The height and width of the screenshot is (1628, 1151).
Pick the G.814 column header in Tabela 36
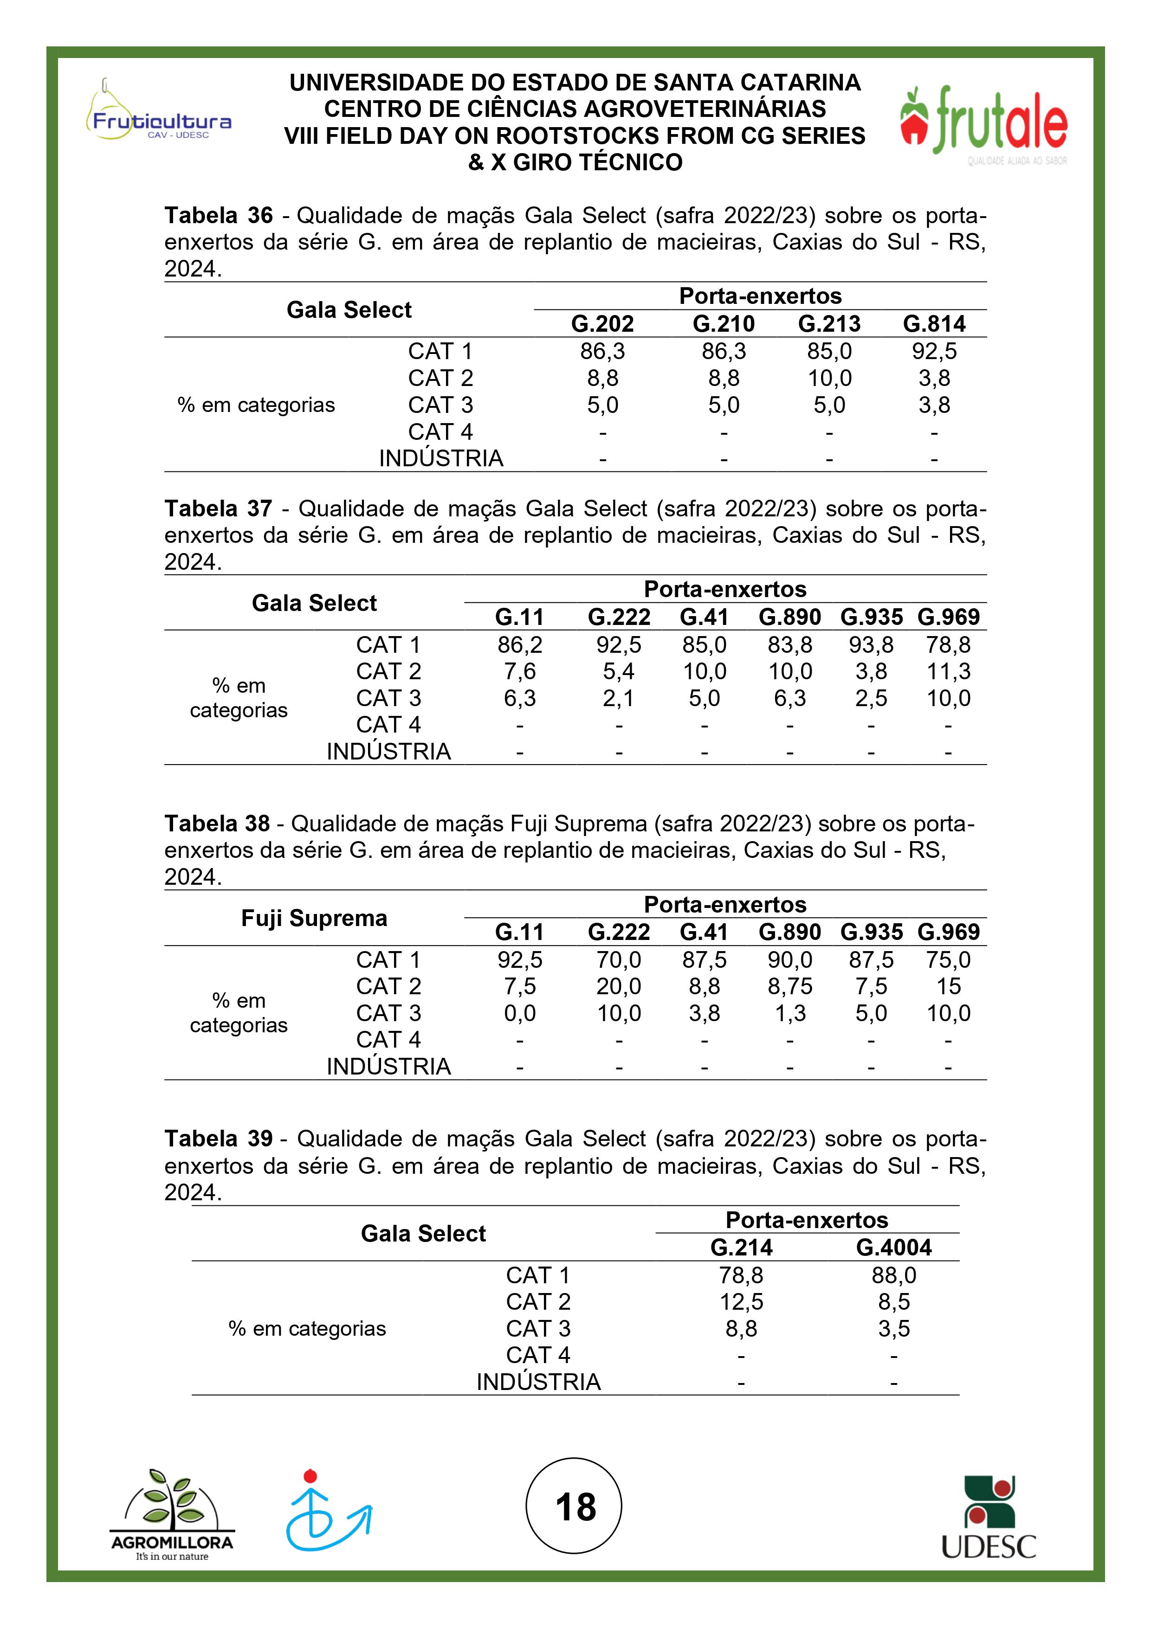tap(934, 324)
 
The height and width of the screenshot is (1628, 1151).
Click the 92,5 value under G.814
tap(934, 351)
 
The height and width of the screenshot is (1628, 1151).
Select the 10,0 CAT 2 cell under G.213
tap(829, 378)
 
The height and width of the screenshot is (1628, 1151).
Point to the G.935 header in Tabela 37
tap(871, 617)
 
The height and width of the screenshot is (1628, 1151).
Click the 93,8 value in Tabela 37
tap(871, 644)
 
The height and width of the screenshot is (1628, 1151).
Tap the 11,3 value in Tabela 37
tap(948, 671)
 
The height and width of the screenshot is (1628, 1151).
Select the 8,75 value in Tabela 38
tap(790, 986)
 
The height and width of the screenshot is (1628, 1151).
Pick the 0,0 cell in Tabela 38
tap(520, 1013)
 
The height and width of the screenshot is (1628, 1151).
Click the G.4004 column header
tap(893, 1247)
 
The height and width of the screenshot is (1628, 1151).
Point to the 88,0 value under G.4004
tap(893, 1275)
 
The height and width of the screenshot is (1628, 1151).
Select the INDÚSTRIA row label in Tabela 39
tap(538, 1382)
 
